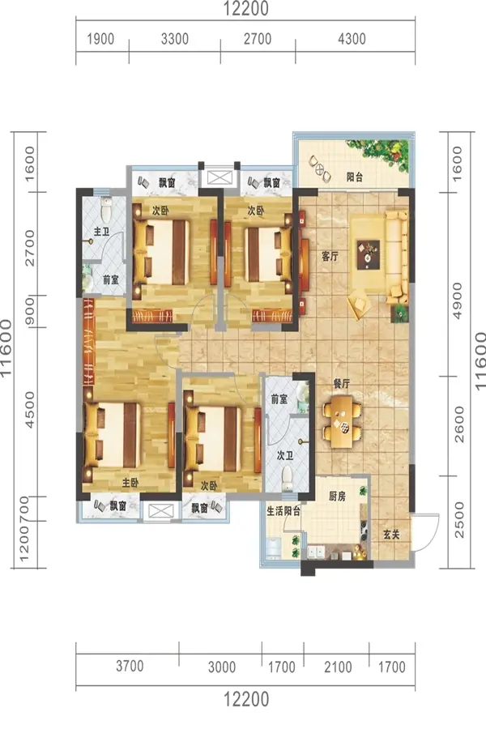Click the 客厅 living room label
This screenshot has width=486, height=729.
[330, 256]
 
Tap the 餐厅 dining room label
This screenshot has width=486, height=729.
[341, 384]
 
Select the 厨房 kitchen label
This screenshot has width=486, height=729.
[337, 496]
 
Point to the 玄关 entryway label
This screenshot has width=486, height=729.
[391, 535]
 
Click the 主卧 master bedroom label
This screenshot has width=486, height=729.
[130, 483]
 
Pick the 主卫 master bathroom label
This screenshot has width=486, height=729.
[101, 231]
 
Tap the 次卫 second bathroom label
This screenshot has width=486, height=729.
[284, 455]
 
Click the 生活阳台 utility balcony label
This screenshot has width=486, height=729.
[283, 511]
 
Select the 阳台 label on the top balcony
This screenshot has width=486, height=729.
[355, 177]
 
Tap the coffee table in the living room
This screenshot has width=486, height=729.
[369, 255]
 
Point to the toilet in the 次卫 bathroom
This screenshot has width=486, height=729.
[287, 478]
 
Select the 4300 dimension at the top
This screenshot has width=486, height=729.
[352, 39]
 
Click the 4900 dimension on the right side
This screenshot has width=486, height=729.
[458, 301]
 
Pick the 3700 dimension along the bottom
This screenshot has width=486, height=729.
[130, 666]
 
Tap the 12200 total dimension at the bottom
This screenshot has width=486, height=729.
[246, 699]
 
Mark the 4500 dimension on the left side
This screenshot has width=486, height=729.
[29, 410]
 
